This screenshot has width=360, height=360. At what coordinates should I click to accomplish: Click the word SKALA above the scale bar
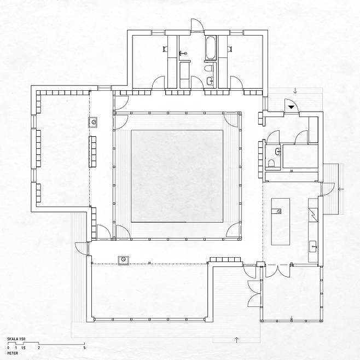coord(13,339)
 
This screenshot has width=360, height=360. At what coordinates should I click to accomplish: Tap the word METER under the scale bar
coord(13,353)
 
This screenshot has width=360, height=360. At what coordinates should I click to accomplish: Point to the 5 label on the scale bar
coord(84,348)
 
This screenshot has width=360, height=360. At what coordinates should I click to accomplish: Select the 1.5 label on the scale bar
coord(24,348)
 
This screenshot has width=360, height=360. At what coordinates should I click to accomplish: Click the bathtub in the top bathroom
coord(211,48)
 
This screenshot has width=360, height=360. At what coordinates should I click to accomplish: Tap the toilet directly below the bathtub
coord(209,68)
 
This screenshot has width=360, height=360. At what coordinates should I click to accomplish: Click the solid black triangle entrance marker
coord(291,107)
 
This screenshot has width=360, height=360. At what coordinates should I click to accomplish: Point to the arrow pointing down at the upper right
coord(295,91)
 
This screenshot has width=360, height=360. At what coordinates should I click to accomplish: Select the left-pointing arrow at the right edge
coord(341,189)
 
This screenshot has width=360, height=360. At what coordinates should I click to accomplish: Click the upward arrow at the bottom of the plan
coord(236,340)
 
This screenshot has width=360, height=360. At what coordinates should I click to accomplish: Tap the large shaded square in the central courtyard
coord(177,176)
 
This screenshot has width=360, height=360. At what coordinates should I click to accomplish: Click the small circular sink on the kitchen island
coord(279,211)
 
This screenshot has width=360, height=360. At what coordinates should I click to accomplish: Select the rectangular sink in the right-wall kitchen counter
coord(313,247)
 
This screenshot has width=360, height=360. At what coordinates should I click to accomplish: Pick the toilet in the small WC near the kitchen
coord(271,163)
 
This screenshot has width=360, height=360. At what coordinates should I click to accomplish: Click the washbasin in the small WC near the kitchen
coord(278,151)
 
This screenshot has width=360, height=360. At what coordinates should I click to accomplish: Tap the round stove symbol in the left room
coord(94,122)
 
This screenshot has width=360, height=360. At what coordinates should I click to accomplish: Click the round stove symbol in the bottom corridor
coord(123,260)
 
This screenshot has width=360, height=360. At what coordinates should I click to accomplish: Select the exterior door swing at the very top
coord(197,24)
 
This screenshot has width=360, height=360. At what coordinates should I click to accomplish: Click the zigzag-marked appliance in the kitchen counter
coord(313,214)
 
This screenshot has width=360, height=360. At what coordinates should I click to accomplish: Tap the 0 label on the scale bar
coord(8,348)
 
